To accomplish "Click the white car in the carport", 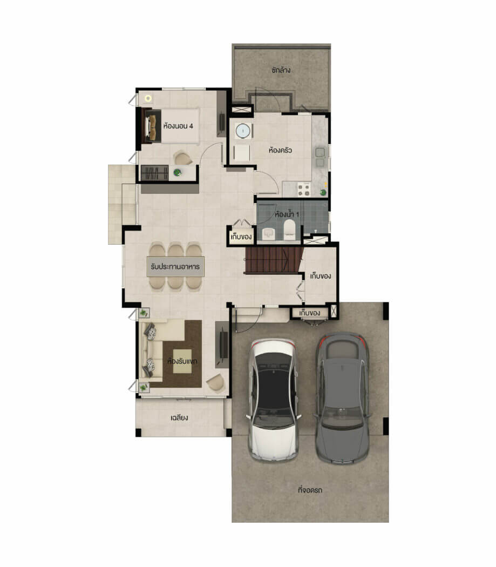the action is [x=273, y=400].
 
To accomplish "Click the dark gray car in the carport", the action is [x=342, y=398].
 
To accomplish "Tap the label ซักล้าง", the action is [x=281, y=70].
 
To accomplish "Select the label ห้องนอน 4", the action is [x=178, y=126].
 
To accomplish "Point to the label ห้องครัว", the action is [x=280, y=150].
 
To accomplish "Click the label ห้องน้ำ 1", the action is [x=287, y=214].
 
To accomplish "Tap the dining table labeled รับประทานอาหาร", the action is [x=175, y=267].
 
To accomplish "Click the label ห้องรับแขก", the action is [x=182, y=361].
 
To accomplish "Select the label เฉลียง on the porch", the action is [x=179, y=417].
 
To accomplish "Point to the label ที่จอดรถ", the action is [x=310, y=490].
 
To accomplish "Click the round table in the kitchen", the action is [x=243, y=131].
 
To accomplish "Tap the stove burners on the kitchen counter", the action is [x=304, y=189].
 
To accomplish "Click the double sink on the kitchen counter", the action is [x=320, y=158].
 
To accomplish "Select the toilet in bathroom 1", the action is [x=290, y=230].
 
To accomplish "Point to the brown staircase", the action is [x=274, y=260].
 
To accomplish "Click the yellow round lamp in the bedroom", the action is [x=148, y=98].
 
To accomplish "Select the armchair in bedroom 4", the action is [x=184, y=158].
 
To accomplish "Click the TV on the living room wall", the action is [x=224, y=344].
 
